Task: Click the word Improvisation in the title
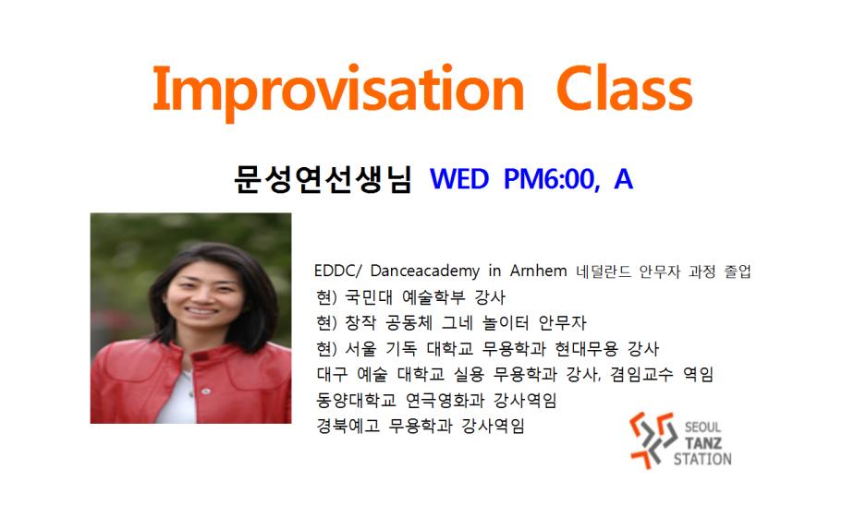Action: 339,91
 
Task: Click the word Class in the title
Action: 625,88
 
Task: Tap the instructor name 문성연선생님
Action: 323,179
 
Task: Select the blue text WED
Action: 459,179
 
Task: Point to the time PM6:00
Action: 552,179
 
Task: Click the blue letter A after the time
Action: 623,179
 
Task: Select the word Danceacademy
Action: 425,271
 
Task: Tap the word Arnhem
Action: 538,271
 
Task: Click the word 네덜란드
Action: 603,271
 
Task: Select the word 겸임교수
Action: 641,374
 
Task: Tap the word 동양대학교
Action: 356,400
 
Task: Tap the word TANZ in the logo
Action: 703,443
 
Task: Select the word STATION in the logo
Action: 702,459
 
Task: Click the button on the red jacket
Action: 205,392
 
